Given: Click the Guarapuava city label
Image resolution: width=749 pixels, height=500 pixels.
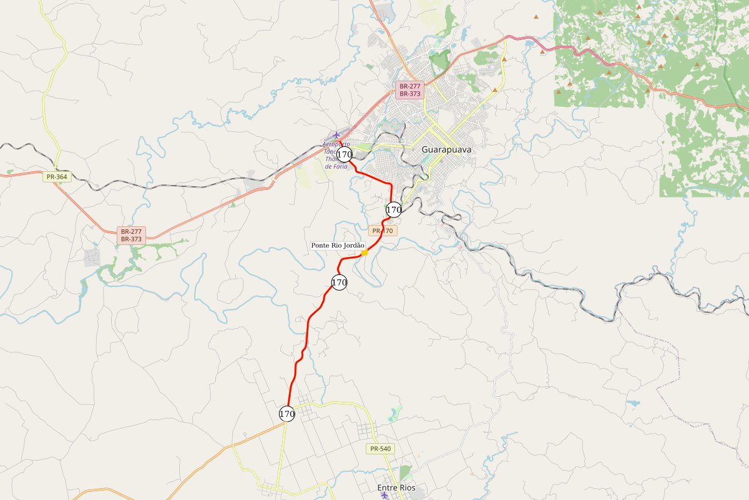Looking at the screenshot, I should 446,150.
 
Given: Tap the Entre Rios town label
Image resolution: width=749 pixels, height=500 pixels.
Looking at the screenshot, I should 396,487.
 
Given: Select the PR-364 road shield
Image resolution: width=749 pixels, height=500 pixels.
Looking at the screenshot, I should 57,177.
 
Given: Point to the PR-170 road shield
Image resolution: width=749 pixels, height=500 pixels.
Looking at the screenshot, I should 383,231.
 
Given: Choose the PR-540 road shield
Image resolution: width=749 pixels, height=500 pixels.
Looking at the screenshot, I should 380,449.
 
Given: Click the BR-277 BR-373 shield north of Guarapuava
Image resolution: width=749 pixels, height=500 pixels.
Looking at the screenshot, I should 410,89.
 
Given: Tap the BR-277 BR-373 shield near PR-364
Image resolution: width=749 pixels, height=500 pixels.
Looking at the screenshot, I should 131,235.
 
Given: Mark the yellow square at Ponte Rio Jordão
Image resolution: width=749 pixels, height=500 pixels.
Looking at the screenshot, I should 365,253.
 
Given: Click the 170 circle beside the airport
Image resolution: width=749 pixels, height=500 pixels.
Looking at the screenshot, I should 344,154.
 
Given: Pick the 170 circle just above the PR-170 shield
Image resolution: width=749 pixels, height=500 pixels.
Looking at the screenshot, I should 393,210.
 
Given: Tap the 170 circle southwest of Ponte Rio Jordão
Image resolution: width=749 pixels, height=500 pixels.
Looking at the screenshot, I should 339,282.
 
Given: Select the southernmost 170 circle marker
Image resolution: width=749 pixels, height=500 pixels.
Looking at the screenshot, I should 287,414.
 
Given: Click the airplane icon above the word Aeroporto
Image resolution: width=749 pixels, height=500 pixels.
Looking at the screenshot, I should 337,134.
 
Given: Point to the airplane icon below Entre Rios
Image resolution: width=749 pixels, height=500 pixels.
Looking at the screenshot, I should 384,496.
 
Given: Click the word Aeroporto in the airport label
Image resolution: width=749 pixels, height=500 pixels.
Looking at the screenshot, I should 336,144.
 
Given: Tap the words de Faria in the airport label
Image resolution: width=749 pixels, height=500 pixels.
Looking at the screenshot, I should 336,166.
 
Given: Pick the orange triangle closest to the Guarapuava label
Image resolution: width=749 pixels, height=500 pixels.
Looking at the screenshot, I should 495,90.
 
